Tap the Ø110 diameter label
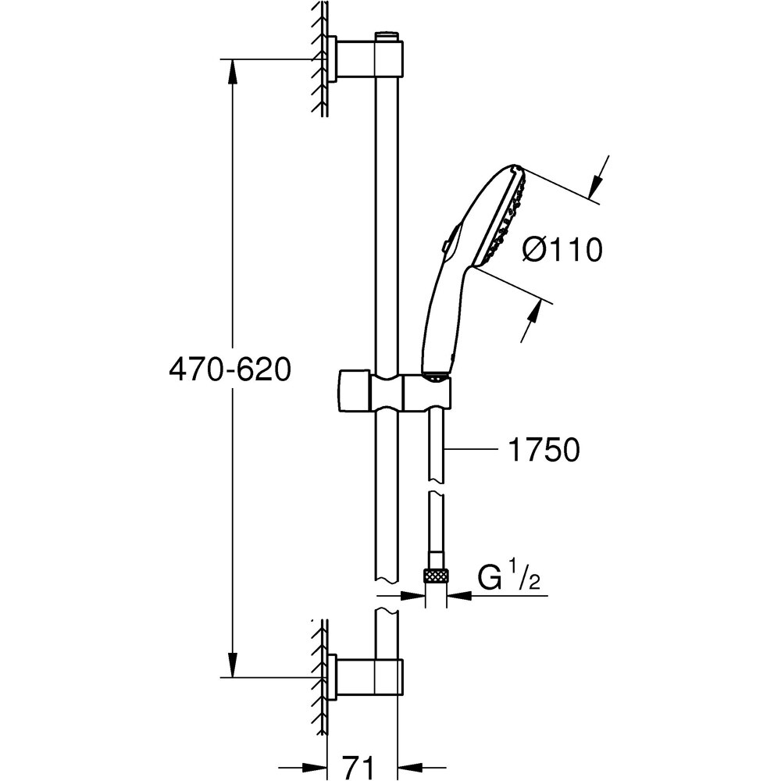[562, 250]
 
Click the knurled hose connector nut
[437, 577]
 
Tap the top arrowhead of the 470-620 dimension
[231, 70]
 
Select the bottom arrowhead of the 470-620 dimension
[231, 665]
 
